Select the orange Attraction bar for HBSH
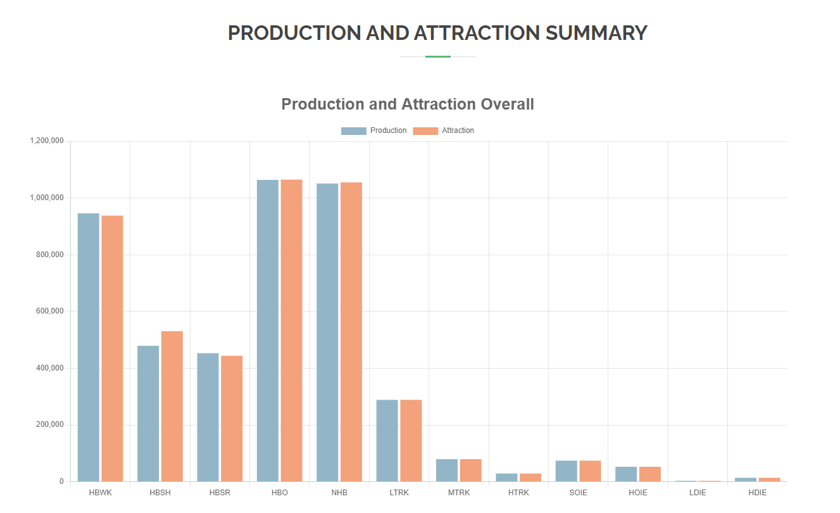click(x=172, y=406)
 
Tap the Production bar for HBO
click(x=267, y=330)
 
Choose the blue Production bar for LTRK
click(x=387, y=440)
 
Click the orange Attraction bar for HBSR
click(x=232, y=418)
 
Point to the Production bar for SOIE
click(x=566, y=471)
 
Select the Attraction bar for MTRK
click(x=470, y=470)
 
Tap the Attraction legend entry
click(x=444, y=130)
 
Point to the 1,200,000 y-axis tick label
click(x=47, y=141)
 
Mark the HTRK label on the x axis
click(x=518, y=493)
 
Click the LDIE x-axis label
click(x=698, y=493)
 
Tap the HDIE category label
click(x=757, y=493)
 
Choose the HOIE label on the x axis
click(x=637, y=493)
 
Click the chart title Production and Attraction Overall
click(x=408, y=104)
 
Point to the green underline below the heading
click(x=437, y=57)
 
